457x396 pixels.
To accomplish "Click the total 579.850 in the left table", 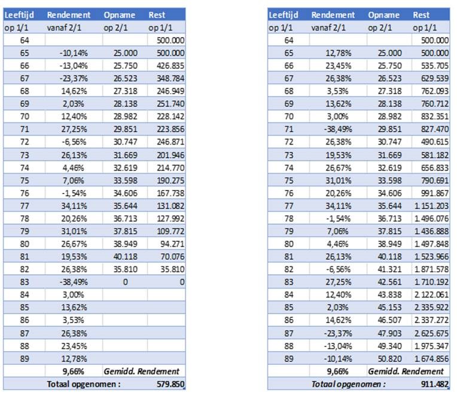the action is click(170, 384).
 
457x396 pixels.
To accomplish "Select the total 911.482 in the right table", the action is click(434, 384).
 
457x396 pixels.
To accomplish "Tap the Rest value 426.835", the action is click(170, 66).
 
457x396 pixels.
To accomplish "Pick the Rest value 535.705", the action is click(434, 66).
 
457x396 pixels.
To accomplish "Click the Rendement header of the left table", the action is click(69, 15).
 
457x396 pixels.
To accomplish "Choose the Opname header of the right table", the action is click(383, 15).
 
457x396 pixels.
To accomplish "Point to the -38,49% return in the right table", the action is click(338, 129).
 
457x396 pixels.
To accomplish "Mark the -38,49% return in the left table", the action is click(74, 282).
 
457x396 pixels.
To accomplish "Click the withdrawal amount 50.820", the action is click(389, 359).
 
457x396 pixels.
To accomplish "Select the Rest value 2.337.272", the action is click(432, 320).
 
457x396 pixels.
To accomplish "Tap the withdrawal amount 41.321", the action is click(389, 269).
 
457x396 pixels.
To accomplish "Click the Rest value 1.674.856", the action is click(432, 359).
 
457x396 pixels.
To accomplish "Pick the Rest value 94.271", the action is click(172, 244).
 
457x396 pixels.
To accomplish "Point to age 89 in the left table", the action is click(25, 359).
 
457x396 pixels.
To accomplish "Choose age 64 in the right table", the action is click(288, 40).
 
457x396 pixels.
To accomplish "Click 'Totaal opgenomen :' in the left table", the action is click(84, 384).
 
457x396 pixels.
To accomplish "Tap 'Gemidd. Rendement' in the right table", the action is click(406, 372).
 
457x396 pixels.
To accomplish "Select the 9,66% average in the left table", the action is click(74, 372).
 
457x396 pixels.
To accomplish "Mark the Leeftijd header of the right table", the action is click(284, 15).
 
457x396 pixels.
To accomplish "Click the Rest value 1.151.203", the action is click(432, 206).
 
